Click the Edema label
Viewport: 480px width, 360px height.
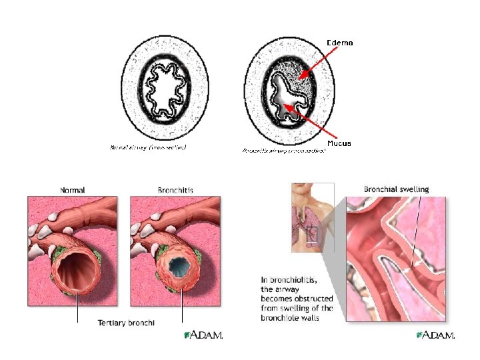tap(339, 43)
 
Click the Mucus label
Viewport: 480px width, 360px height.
tap(339, 143)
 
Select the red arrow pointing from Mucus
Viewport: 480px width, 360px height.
tap(313, 127)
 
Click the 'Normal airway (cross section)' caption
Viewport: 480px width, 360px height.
tap(147, 147)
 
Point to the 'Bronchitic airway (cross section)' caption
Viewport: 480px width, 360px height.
tap(284, 151)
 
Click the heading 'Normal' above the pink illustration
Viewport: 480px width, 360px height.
tap(72, 189)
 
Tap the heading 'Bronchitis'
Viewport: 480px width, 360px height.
tap(175, 190)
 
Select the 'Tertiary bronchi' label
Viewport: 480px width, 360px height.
tap(126, 323)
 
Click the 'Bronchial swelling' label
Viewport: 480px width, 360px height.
tap(396, 189)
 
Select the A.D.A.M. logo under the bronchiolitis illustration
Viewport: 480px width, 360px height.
tap(435, 335)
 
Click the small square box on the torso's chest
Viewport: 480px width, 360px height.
tap(311, 234)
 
